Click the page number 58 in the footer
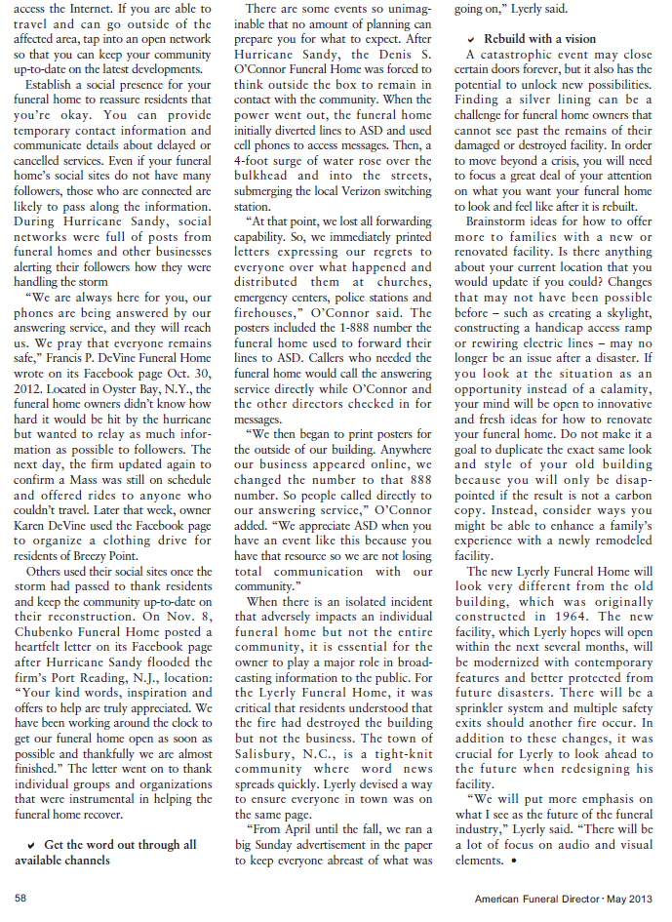[20, 898]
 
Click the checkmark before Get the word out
[32, 844]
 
